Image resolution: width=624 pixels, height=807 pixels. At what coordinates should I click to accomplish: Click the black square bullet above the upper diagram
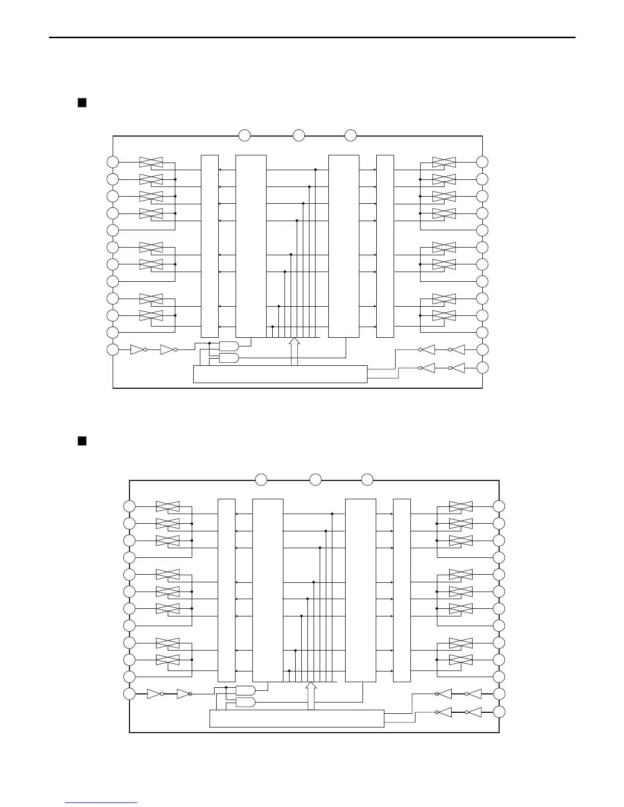pyautogui.click(x=82, y=103)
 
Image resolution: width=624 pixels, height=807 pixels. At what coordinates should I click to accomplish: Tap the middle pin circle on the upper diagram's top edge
pyautogui.click(x=299, y=136)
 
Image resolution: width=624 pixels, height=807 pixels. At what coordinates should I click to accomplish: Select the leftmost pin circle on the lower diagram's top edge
pyautogui.click(x=261, y=479)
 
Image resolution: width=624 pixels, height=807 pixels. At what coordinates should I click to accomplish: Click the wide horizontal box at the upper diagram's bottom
pyautogui.click(x=280, y=374)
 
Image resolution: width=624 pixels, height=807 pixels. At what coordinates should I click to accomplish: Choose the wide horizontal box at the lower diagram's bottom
pyautogui.click(x=297, y=718)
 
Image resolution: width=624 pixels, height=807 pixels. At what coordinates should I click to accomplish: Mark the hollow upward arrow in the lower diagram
pyautogui.click(x=310, y=695)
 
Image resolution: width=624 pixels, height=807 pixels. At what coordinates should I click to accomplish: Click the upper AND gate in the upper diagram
pyautogui.click(x=228, y=346)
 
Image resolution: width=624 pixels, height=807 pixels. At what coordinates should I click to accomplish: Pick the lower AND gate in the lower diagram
pyautogui.click(x=245, y=703)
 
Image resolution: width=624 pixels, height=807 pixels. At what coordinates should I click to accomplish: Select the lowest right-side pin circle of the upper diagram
pyautogui.click(x=482, y=367)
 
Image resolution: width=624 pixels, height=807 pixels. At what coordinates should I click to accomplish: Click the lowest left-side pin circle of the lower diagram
pyautogui.click(x=129, y=694)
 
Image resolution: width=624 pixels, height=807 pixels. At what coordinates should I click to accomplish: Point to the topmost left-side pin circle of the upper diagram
pyautogui.click(x=113, y=162)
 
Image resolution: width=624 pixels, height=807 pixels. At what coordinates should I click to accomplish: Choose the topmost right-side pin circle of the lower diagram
pyautogui.click(x=499, y=506)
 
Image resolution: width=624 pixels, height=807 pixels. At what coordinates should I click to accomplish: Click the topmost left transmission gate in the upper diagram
pyautogui.click(x=151, y=162)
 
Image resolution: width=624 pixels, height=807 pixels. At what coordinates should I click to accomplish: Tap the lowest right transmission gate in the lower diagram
pyautogui.click(x=461, y=660)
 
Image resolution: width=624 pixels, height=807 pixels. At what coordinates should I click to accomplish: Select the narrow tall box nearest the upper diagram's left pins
pyautogui.click(x=210, y=246)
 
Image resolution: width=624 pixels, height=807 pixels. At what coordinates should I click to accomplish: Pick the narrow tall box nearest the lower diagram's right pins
pyautogui.click(x=402, y=590)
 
